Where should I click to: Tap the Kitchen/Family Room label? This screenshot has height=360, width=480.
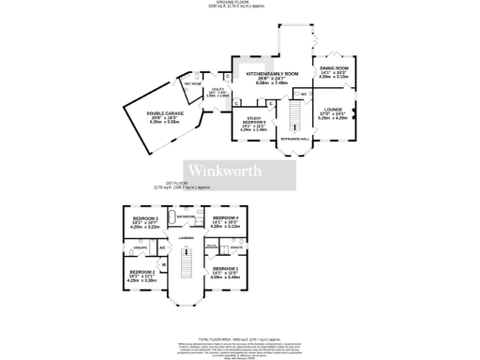click(272, 73)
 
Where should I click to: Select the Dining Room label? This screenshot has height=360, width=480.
click(335, 68)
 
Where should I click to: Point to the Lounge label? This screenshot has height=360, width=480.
click(334, 110)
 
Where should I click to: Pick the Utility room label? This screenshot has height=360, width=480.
click(217, 93)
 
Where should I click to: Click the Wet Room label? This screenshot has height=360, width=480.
click(193, 83)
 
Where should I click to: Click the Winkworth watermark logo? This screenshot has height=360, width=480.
click(225, 170)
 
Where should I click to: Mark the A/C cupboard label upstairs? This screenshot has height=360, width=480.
click(162, 247)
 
